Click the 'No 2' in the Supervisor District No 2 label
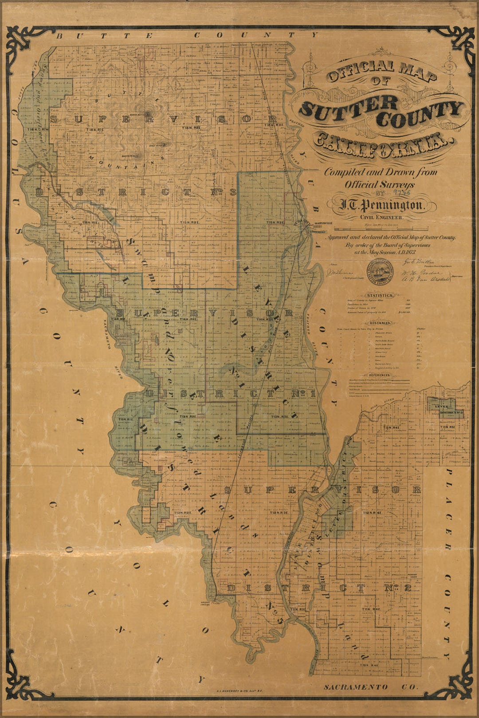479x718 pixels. (403, 589)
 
